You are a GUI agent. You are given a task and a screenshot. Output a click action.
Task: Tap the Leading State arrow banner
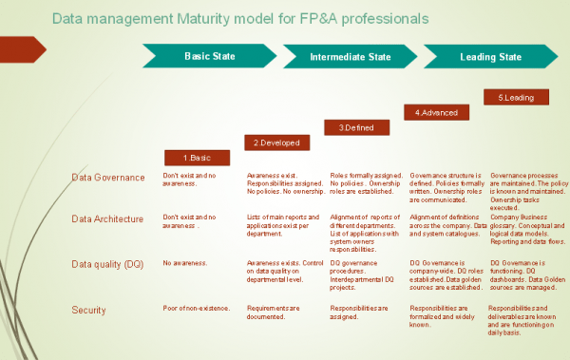point(489,57)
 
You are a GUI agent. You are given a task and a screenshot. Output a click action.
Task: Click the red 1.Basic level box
point(194,158)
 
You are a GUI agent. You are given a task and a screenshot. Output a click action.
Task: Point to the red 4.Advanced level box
point(437,112)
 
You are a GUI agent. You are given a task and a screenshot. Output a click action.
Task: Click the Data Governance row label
point(107,177)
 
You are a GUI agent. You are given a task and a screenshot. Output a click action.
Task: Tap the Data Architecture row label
point(107,218)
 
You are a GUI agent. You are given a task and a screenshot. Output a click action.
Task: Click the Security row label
point(88,310)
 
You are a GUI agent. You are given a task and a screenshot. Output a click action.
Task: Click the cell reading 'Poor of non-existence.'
point(196,309)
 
